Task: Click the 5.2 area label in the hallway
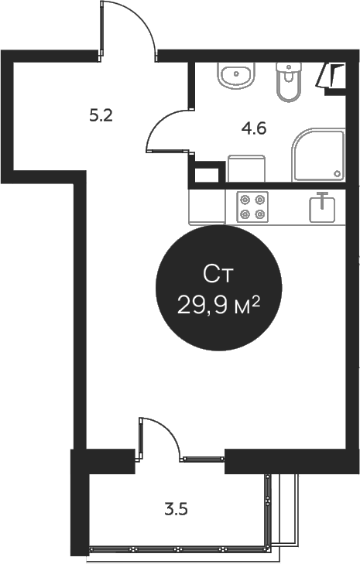coord(101,117)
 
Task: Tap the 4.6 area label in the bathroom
coord(254,129)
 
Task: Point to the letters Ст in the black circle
coord(218,274)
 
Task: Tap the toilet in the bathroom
coord(287,84)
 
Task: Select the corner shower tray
coord(317,156)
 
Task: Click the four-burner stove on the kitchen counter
coord(252,206)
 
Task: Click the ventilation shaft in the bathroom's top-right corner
coord(334,77)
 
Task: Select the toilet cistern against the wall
coord(287,67)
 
